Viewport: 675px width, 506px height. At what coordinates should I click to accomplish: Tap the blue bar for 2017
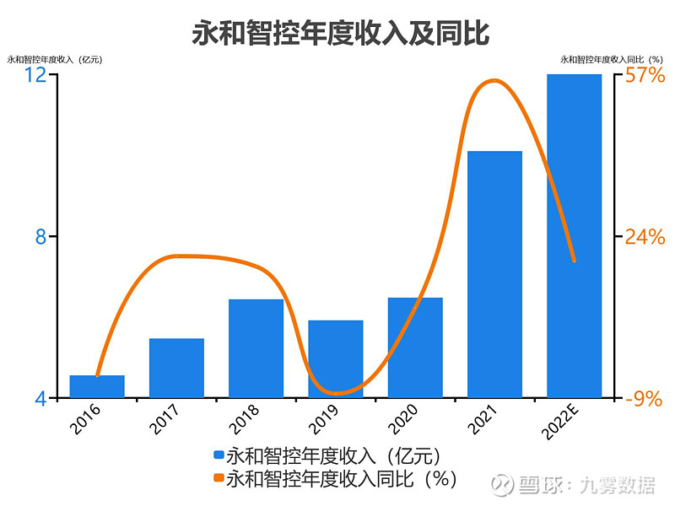click(176, 368)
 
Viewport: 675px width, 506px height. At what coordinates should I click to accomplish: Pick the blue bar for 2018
click(256, 348)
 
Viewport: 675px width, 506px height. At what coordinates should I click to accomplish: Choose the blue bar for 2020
click(415, 347)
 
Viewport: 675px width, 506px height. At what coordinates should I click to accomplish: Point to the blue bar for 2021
click(494, 274)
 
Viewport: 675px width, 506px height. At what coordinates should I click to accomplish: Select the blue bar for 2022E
click(574, 236)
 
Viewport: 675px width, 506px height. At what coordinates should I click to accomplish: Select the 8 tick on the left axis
click(40, 237)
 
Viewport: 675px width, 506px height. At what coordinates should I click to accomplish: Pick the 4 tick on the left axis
click(40, 399)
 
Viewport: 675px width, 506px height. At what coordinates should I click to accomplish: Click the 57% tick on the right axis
click(645, 75)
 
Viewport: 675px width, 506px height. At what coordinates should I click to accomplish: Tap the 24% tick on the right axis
click(645, 237)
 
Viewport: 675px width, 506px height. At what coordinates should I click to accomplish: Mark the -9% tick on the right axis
click(644, 399)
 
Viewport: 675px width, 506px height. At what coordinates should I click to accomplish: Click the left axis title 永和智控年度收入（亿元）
click(54, 59)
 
